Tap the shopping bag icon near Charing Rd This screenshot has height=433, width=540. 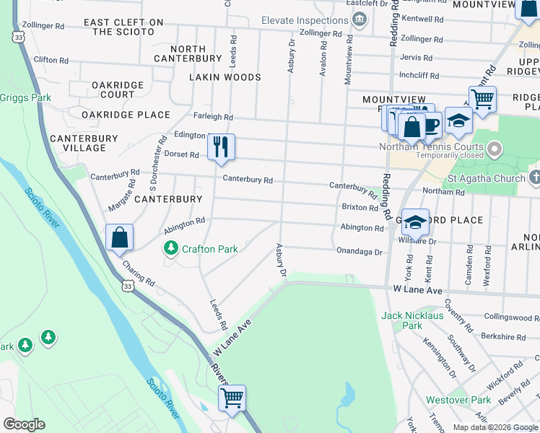pyautogui.click(x=119, y=237)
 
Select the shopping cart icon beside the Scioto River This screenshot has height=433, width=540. pyautogui.click(x=232, y=398)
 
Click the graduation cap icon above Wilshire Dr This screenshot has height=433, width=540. pyautogui.click(x=415, y=222)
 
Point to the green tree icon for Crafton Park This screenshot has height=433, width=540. pyautogui.click(x=170, y=249)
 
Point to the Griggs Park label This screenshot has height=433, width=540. pyautogui.click(x=25, y=97)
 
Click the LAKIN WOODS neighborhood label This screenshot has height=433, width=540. pyautogui.click(x=225, y=77)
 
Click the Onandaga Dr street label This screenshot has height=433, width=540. pyautogui.click(x=359, y=251)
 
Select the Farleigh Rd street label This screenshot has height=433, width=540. pyautogui.click(x=213, y=117)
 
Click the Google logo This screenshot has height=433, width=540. pyautogui.click(x=25, y=424)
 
